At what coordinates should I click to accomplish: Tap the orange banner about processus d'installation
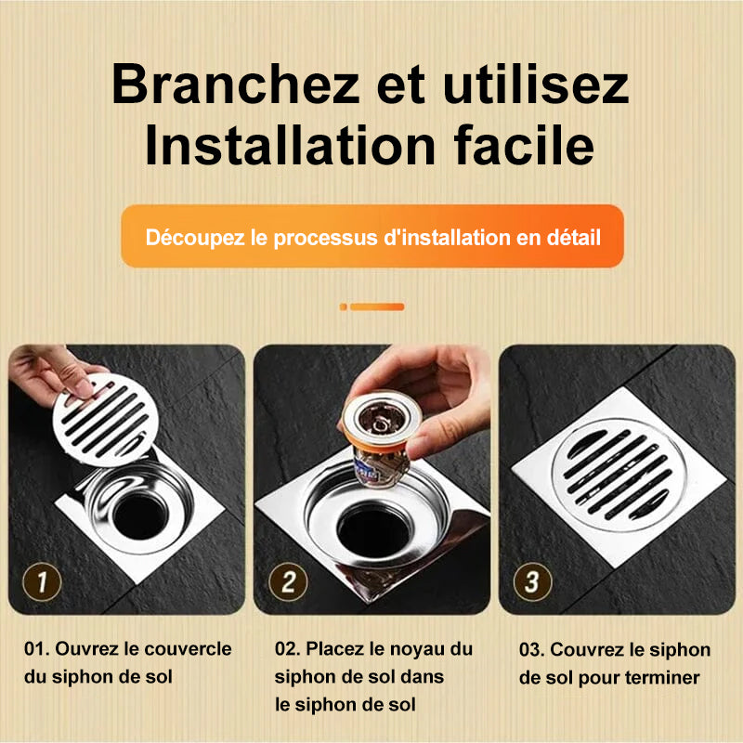click(371, 237)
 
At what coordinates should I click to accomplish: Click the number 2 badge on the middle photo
click(288, 583)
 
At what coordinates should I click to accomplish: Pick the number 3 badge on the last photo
click(532, 583)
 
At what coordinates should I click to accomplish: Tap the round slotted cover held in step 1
click(105, 418)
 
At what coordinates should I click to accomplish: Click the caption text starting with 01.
click(127, 663)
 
